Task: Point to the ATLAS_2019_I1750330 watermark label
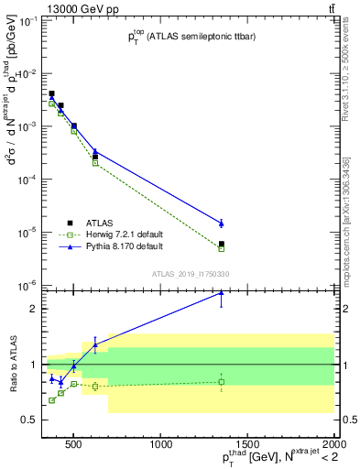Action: (190, 274)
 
